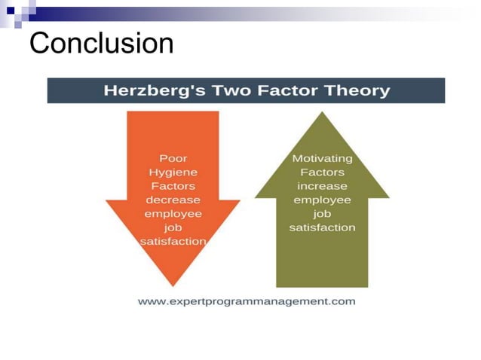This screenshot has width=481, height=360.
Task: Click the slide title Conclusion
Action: [101, 43]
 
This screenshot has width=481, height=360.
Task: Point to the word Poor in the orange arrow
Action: [173, 159]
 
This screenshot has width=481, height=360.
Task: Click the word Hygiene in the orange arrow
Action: [173, 172]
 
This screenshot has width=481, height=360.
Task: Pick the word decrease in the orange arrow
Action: [173, 200]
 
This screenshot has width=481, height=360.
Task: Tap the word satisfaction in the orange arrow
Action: [173, 242]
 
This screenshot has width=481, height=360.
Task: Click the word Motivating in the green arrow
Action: [322, 159]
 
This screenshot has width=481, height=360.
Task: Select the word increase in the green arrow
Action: [322, 186]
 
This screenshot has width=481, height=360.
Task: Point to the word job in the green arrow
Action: [322, 214]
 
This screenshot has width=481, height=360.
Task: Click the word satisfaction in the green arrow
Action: [322, 227]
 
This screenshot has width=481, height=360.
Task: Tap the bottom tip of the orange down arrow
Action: [173, 285]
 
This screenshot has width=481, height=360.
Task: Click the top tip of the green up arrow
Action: [322, 113]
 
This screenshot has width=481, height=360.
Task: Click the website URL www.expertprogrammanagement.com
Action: [247, 302]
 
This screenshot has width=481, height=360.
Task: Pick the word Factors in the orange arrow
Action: [173, 186]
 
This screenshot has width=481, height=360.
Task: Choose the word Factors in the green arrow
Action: [322, 172]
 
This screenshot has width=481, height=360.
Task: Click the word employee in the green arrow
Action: [322, 200]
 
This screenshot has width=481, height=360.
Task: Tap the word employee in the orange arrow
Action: [173, 214]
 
